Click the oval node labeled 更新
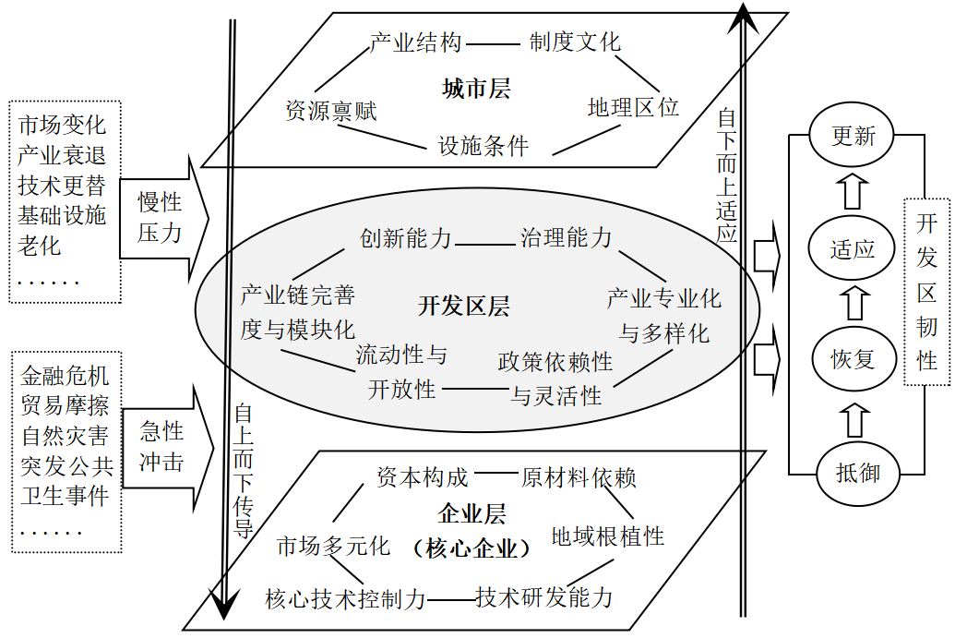[853, 137]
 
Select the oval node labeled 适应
[853, 248]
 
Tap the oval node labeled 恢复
[853, 359]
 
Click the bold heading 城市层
[476, 90]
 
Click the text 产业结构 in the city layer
[415, 42]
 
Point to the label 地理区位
[633, 107]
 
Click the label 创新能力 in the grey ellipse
[406, 238]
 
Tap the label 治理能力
[567, 238]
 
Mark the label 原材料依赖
[579, 477]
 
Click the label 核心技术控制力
[345, 598]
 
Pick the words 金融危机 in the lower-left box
[65, 376]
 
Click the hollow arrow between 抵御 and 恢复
[853, 417]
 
